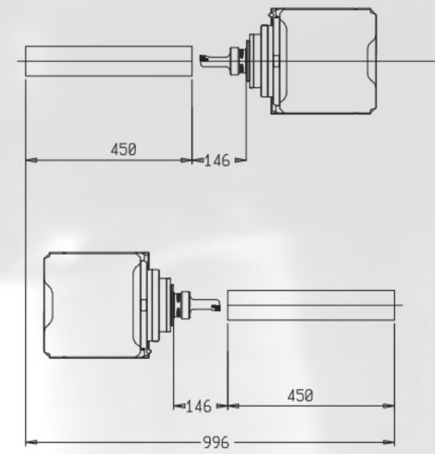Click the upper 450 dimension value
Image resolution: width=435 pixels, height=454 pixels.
pyautogui.click(x=123, y=149)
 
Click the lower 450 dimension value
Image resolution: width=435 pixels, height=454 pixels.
pyautogui.click(x=301, y=396)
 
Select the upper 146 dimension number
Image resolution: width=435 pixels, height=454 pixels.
pyautogui.click(x=217, y=160)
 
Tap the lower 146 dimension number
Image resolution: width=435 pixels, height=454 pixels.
pyautogui.click(x=198, y=406)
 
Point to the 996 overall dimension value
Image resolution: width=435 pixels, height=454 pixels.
pyautogui.click(x=216, y=442)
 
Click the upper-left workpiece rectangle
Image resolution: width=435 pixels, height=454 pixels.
pyautogui.click(x=108, y=61)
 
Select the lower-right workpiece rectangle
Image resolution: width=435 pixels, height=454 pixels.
pyautogui.click(x=310, y=305)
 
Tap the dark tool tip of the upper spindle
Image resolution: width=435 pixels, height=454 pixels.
pyautogui.click(x=203, y=58)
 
